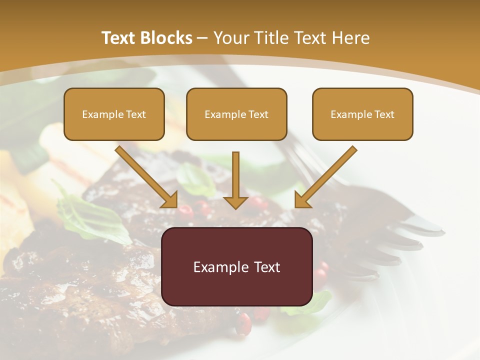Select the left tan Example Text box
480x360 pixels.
[x=114, y=114]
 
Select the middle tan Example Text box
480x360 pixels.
[x=236, y=114]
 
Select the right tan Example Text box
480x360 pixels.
[x=362, y=114]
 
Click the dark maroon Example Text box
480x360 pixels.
[x=236, y=266]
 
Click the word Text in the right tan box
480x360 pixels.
[x=384, y=114]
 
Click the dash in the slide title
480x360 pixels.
[x=202, y=38]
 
